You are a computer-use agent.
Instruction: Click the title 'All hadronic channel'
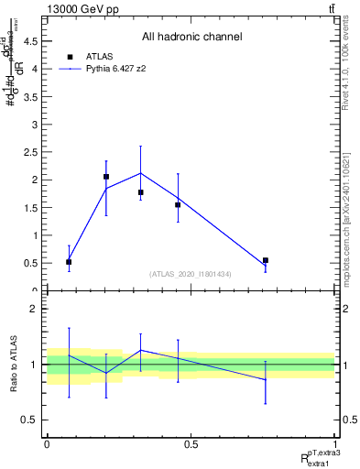(x=191, y=38)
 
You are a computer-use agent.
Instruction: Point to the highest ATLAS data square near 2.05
(x=106, y=177)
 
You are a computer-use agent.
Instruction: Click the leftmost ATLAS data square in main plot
(x=69, y=262)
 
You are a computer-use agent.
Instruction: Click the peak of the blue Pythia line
(x=140, y=173)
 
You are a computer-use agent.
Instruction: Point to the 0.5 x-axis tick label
(x=191, y=443)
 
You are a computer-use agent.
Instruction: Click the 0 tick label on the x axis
(x=47, y=443)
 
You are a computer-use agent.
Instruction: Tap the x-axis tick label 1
(x=334, y=443)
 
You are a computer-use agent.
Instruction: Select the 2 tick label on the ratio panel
(x=35, y=309)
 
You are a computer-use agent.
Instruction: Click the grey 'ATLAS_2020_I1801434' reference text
(x=191, y=274)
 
